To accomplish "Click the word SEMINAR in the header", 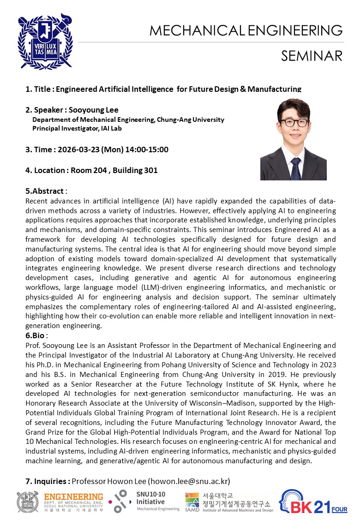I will click(x=312, y=56).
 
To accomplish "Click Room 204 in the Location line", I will click(x=89, y=170).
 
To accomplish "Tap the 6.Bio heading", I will click(x=37, y=335).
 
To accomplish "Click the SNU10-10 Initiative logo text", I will click(x=150, y=498).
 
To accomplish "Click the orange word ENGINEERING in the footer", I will click(x=73, y=496).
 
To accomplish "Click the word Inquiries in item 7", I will click(x=51, y=481).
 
